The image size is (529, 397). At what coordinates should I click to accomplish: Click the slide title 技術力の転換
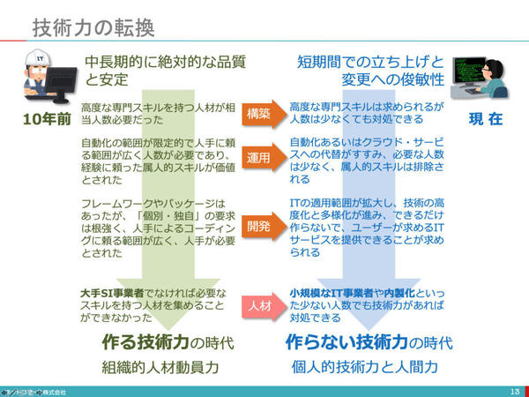(93, 27)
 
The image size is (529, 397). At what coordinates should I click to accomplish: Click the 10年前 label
(43, 118)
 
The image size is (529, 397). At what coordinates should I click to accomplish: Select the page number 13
(514, 389)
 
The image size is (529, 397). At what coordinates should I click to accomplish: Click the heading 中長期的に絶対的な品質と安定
(163, 71)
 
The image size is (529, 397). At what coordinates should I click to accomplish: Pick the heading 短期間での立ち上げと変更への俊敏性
(368, 71)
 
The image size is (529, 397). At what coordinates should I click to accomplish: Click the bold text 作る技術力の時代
(163, 341)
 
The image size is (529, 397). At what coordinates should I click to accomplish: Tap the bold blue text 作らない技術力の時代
(369, 341)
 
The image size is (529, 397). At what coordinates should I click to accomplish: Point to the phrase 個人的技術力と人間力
(369, 366)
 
